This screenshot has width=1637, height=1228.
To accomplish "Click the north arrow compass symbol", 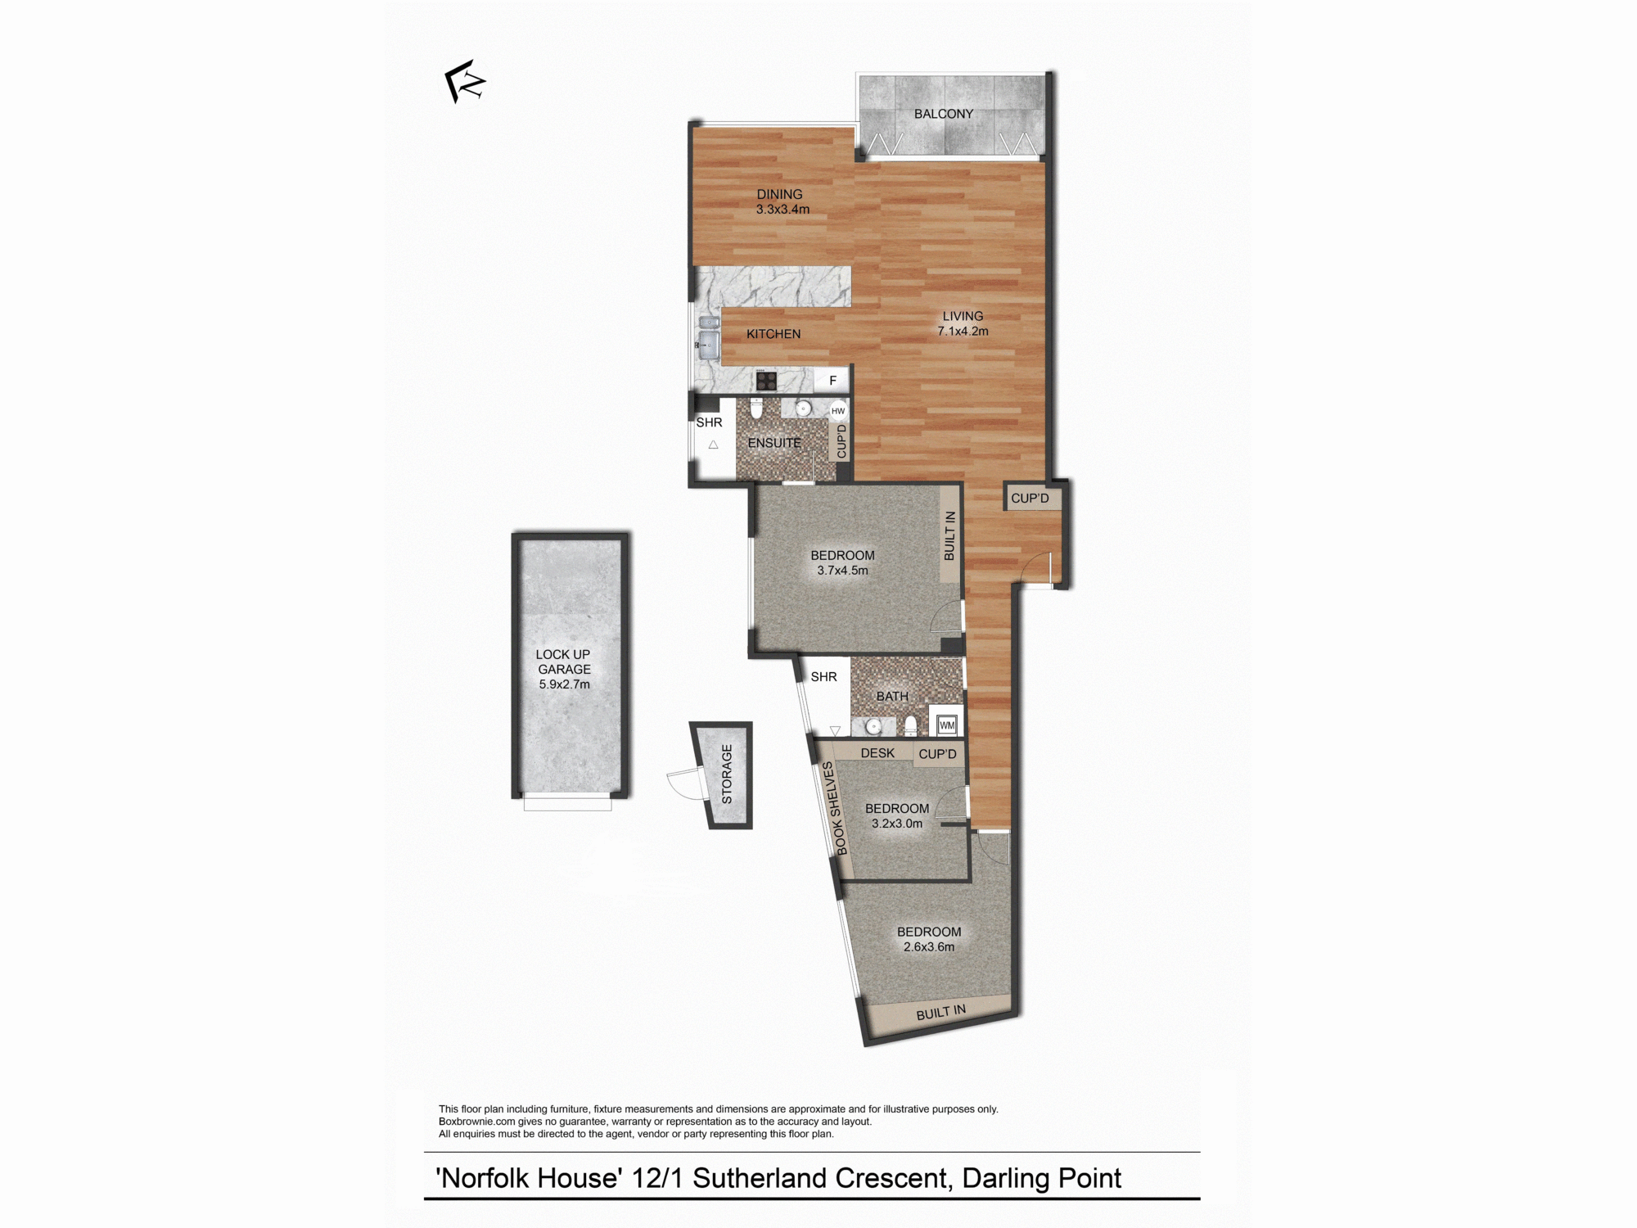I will pos(464,81).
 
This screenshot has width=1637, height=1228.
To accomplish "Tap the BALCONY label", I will pos(944,114).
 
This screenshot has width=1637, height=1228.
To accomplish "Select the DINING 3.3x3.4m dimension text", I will pos(782,210).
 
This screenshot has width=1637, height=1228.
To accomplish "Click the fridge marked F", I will pos(832,381).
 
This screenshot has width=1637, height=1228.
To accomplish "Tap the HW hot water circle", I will pos(838,411).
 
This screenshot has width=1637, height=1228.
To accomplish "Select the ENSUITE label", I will pos(774,443).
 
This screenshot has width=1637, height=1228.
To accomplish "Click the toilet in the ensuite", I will pos(756,408).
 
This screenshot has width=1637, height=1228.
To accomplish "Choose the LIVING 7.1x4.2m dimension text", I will pos(963,332).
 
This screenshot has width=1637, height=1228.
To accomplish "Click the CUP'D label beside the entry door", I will pos(1030,498).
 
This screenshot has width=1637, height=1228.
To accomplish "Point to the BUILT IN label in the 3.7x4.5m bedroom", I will pos(949,536).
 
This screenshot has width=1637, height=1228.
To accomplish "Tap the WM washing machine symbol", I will pos(947,725).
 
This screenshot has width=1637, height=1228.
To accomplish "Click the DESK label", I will pos(877,753).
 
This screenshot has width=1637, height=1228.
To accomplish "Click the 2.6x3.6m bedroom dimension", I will pos(929,947).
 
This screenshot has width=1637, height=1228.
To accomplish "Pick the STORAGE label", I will pos(727,774).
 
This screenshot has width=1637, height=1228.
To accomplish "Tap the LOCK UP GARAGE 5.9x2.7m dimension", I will pos(564,684).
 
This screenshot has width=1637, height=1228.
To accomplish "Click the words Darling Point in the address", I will pos(1041,1178).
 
